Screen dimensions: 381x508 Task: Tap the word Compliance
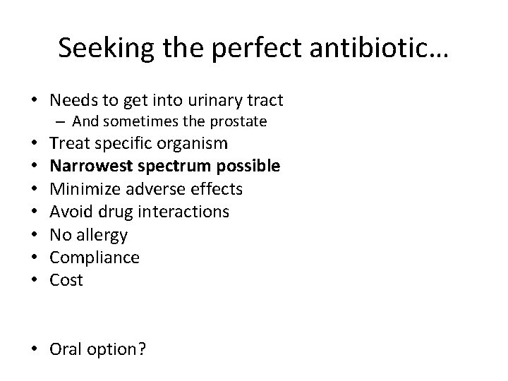(x=95, y=258)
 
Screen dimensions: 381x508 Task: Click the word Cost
(x=66, y=280)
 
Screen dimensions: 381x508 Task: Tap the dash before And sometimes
(x=64, y=121)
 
